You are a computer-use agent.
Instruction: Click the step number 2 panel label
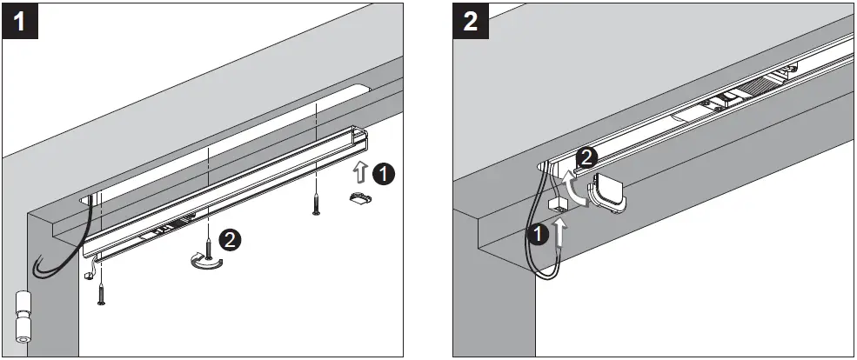pyautogui.click(x=471, y=21)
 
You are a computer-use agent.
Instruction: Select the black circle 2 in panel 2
pyautogui.click(x=588, y=158)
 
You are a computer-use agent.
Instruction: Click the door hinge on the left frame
pyautogui.click(x=23, y=316)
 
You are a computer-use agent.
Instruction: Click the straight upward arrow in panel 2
pyautogui.click(x=560, y=232)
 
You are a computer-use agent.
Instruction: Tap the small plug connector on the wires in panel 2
pyautogui.click(x=558, y=204)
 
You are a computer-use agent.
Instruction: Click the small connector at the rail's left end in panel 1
pyautogui.click(x=90, y=273)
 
